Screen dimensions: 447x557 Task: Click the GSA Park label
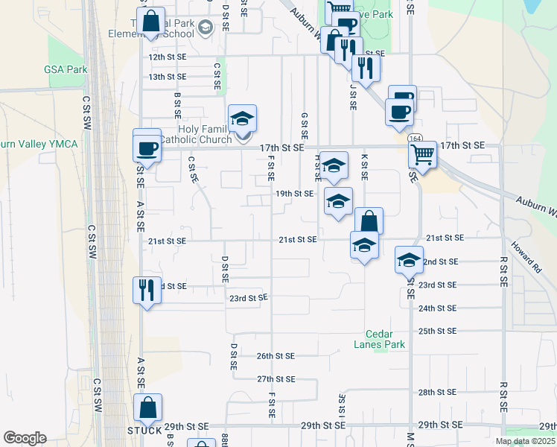[66, 69]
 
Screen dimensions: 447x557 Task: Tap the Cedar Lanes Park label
[385, 339]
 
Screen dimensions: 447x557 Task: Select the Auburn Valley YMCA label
[39, 144]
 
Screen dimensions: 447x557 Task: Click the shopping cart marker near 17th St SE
[422, 156]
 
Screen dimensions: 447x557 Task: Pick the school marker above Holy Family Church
[242, 118]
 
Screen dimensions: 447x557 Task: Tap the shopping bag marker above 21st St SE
[369, 221]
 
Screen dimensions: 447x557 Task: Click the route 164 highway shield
[413, 139]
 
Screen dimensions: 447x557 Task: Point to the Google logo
[25, 438]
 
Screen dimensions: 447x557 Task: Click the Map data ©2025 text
[525, 442]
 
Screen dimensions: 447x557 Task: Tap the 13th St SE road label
[165, 77]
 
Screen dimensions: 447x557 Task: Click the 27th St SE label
[276, 379]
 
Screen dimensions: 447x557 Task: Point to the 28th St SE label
[437, 392]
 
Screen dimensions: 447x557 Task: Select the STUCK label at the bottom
[144, 431]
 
